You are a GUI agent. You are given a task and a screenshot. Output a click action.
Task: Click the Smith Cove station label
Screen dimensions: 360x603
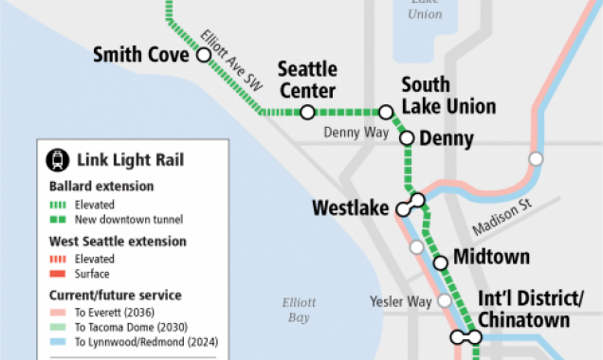click(x=140, y=56)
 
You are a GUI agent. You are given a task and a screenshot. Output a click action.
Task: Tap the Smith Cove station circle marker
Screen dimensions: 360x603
click(x=203, y=56)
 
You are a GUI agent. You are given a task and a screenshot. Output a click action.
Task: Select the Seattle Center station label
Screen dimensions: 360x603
click(x=306, y=81)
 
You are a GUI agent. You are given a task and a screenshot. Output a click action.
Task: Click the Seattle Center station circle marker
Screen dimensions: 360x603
click(x=307, y=112)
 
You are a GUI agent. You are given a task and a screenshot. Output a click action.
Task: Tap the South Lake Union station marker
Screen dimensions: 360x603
click(x=386, y=112)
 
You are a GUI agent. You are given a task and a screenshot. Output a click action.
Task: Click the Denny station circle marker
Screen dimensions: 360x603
click(x=407, y=138)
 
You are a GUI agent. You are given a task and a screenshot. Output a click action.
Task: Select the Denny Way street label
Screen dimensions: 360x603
click(x=356, y=133)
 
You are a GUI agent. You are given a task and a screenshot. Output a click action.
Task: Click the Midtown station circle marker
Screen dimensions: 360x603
click(x=439, y=263)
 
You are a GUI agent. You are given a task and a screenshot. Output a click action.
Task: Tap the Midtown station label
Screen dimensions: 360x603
click(x=491, y=257)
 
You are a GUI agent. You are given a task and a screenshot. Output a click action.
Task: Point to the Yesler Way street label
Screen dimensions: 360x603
click(x=400, y=302)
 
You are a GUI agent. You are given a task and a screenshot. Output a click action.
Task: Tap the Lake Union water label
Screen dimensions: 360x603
click(x=425, y=10)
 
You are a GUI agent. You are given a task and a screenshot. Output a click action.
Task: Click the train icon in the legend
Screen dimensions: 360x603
click(x=60, y=161)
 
